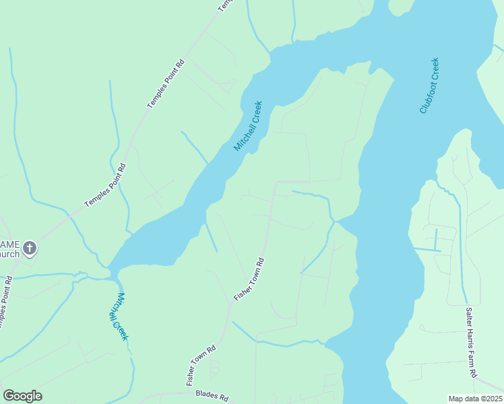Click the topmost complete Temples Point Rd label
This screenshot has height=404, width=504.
(165, 86)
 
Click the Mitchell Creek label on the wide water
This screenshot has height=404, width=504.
(247, 127)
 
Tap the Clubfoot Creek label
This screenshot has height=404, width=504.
(429, 86)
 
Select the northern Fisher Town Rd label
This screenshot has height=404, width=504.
(250, 279)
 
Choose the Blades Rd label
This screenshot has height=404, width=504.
(212, 395)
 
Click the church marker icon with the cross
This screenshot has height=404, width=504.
(29, 249)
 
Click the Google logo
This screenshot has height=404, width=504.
(22, 396)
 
